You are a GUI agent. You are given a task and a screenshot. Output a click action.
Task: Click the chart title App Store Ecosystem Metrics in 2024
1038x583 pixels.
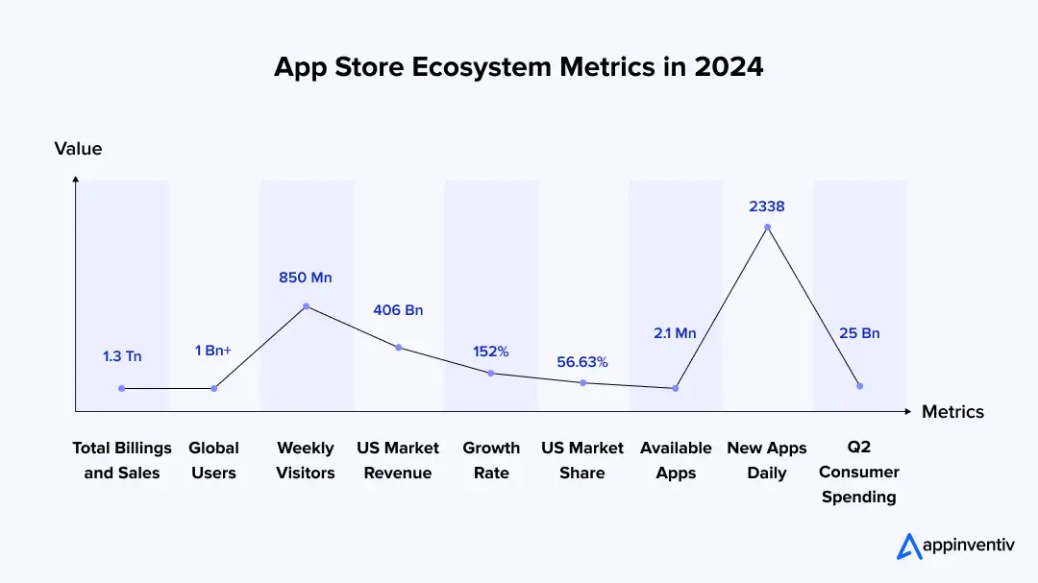tap(518, 67)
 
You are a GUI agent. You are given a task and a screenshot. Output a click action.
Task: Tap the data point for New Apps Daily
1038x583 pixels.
tap(767, 228)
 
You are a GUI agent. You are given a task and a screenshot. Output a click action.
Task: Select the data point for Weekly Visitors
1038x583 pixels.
tap(306, 306)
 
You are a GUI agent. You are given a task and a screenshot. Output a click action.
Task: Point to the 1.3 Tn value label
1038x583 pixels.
tap(122, 356)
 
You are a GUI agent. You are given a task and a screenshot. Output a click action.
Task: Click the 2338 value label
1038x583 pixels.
tap(767, 206)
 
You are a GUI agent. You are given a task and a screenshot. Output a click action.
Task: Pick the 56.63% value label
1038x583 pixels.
tap(582, 362)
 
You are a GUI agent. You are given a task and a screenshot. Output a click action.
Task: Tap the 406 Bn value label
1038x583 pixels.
tap(398, 310)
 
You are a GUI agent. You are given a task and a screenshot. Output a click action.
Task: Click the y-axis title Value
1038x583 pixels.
tap(78, 149)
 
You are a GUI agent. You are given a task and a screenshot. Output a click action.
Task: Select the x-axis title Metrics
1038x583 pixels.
tap(952, 412)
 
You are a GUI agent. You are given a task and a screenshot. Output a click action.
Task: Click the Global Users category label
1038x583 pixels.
tap(213, 460)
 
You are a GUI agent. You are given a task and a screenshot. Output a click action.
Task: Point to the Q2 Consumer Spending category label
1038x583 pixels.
tap(859, 473)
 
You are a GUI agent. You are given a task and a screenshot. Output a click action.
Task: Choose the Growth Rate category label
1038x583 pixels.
tap(491, 460)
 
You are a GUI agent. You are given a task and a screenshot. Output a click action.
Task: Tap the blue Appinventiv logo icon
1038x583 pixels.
tap(909, 547)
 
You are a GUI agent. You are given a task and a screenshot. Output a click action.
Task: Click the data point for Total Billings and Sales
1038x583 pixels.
tap(122, 389)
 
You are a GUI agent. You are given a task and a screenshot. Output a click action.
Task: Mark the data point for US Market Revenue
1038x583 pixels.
tap(398, 348)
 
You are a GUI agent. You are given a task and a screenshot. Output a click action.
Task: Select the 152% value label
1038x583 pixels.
tap(490, 352)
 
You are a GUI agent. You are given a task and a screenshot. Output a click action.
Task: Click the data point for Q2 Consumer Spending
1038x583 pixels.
tap(859, 386)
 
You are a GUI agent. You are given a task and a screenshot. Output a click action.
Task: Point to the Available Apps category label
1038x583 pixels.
tap(676, 460)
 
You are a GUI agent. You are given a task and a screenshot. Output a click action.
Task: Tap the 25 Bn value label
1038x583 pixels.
tap(859, 333)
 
